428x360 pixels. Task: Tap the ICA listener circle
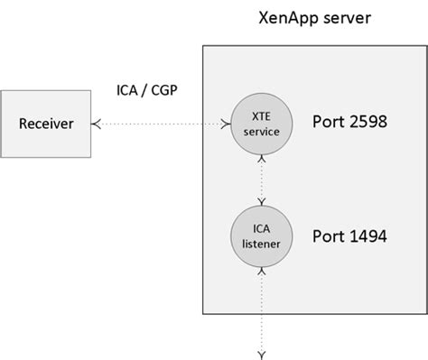[261, 235]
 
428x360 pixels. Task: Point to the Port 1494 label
[349, 236]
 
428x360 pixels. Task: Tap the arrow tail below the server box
[261, 351]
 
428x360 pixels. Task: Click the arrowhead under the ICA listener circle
[261, 268]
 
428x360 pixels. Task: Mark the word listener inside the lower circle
[261, 243]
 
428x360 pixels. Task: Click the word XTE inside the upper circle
[261, 115]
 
